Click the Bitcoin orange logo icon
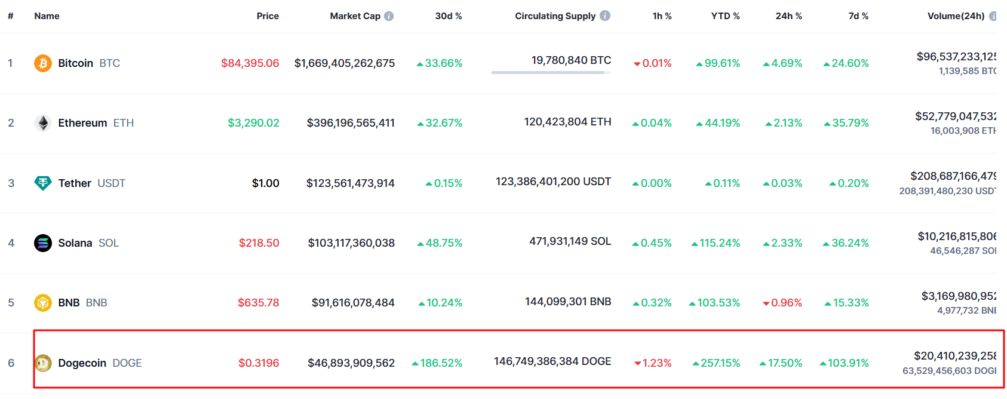[43, 63]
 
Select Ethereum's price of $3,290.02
[253, 123]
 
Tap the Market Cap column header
[355, 16]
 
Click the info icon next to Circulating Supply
[605, 16]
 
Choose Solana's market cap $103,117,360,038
[351, 243]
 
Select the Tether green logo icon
[43, 183]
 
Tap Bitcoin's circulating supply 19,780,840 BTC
[571, 60]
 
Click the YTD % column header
[725, 16]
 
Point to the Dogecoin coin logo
[43, 363]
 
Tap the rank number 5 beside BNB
[11, 303]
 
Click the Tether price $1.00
[265, 183]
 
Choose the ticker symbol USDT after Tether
[111, 183]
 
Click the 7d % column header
[858, 16]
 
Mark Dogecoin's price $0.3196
[259, 363]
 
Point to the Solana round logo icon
[43, 243]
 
